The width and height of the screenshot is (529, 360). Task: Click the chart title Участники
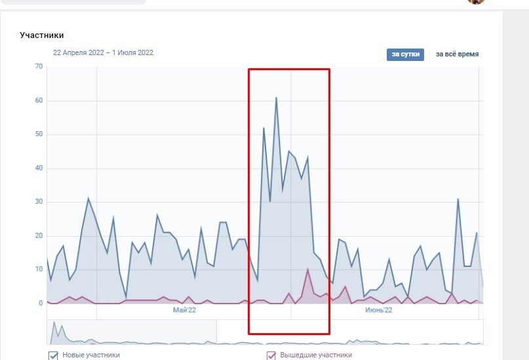[42, 35]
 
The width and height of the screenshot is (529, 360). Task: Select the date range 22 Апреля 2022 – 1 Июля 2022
[104, 53]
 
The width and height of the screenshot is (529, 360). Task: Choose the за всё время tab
[457, 54]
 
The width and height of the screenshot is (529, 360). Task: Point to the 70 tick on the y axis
[39, 67]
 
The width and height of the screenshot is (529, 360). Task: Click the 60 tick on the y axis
[39, 101]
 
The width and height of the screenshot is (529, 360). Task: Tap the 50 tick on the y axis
[39, 134]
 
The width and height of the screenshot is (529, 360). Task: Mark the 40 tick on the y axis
[39, 169]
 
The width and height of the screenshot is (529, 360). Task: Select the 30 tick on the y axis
[39, 202]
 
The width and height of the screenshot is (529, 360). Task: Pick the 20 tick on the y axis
[39, 236]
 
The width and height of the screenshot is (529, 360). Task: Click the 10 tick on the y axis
[39, 270]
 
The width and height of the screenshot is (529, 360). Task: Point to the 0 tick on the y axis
[40, 304]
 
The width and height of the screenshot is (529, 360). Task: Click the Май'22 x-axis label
[184, 310]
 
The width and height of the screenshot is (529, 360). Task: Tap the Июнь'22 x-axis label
[378, 310]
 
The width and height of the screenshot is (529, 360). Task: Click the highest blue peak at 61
[276, 98]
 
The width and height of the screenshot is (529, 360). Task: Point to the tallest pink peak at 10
[307, 269]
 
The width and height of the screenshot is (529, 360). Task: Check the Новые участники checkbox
[54, 355]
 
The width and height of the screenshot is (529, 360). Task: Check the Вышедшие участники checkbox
[271, 355]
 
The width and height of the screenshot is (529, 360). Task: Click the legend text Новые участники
[91, 355]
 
